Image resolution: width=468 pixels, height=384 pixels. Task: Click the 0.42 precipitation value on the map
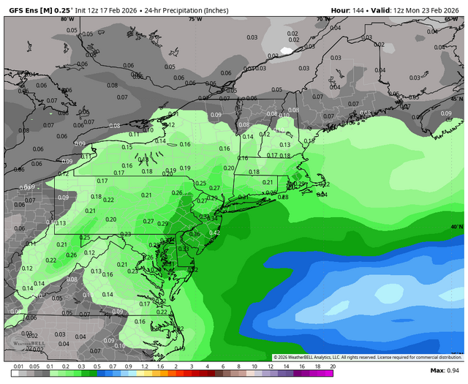click(214, 233)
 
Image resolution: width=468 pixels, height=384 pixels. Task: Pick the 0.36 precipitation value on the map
click(195, 234)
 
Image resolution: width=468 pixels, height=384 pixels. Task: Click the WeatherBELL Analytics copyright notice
click(369, 357)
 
